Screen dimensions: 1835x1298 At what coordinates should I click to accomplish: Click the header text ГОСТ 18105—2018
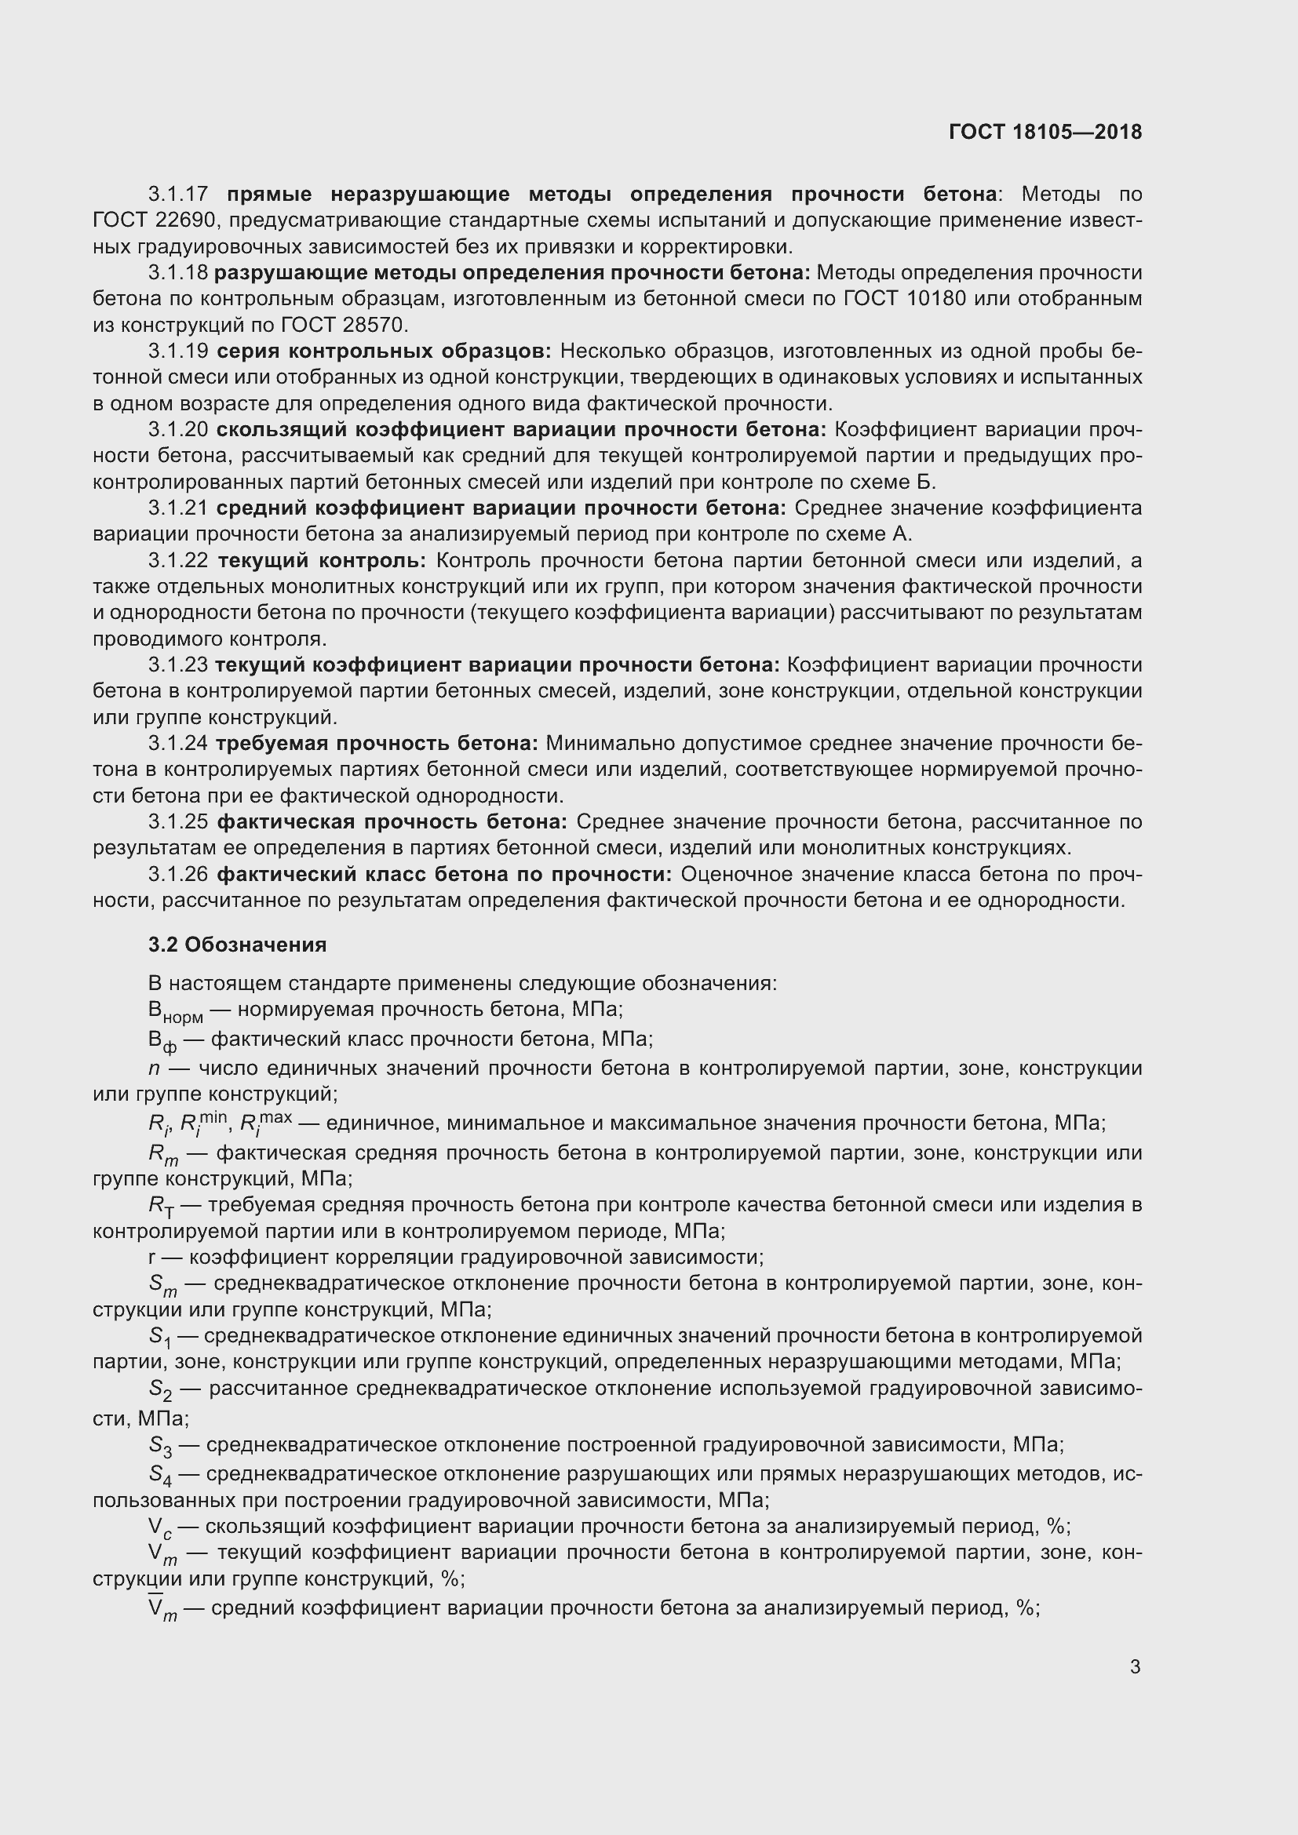click(x=1045, y=132)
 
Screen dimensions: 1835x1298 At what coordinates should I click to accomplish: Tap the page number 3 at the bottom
click(x=1135, y=1667)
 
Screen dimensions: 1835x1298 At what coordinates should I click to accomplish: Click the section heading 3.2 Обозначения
click(x=237, y=945)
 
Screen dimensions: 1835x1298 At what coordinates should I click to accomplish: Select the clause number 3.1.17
click(x=177, y=195)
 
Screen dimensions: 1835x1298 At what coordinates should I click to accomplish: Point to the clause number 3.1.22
click(x=177, y=561)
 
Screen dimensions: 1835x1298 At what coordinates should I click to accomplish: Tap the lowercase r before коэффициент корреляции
click(x=152, y=1258)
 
